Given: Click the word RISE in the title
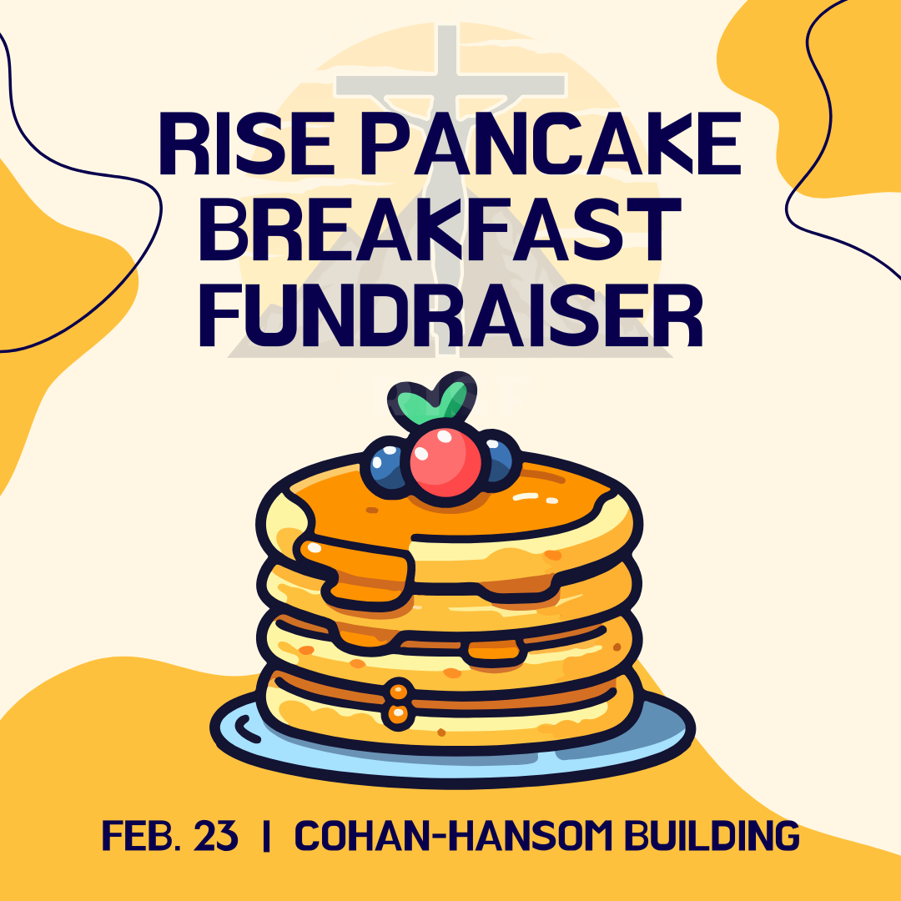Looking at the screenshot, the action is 245,143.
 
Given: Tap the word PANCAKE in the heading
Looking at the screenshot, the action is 551,143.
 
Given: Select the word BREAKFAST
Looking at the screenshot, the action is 440,228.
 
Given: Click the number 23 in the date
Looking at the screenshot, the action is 215,835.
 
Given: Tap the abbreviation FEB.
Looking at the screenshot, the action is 142,835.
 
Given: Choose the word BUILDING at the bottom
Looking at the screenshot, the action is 712,835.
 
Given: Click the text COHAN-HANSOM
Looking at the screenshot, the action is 454,835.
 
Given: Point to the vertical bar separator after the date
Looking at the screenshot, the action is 266,836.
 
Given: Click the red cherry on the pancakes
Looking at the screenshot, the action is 445,462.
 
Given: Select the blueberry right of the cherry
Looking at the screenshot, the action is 497,460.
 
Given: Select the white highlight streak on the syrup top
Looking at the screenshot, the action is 526,496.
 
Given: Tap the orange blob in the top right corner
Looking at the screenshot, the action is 816,92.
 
